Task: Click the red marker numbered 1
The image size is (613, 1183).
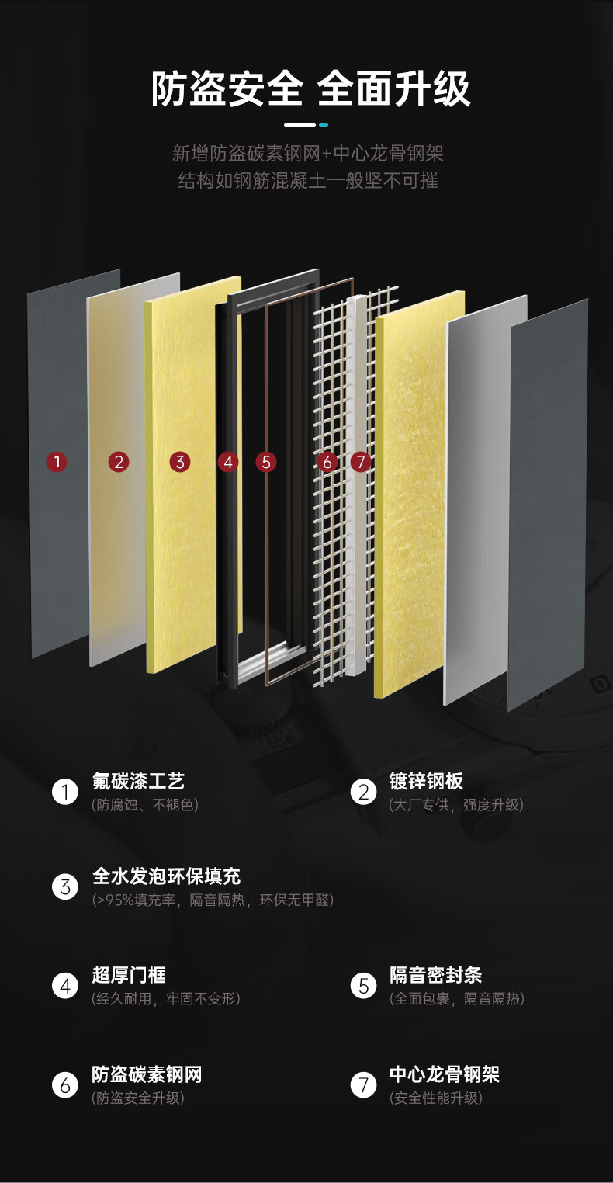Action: click(x=57, y=462)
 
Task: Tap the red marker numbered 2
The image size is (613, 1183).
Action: click(x=118, y=462)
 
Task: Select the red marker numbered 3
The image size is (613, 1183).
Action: click(x=179, y=462)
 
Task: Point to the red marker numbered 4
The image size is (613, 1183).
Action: click(x=228, y=462)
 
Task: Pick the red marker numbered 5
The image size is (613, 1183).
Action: click(x=266, y=462)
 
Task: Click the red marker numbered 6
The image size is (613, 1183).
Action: click(x=327, y=462)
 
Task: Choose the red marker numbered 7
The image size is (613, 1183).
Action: click(x=361, y=462)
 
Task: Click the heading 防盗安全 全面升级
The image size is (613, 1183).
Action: click(x=310, y=88)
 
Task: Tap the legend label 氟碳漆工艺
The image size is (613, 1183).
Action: click(x=138, y=781)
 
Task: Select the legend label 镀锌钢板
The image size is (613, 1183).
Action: click(x=426, y=781)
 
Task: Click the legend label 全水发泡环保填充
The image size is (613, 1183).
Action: click(x=166, y=876)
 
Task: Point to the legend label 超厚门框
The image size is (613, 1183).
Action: click(x=129, y=975)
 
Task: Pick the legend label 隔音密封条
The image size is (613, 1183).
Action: click(x=435, y=975)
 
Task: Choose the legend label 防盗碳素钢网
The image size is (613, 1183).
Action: click(x=147, y=1074)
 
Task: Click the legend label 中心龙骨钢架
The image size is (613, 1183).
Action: click(x=445, y=1074)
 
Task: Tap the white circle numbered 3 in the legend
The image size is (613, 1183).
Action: click(x=65, y=886)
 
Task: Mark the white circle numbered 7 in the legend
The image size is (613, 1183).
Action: click(x=363, y=1085)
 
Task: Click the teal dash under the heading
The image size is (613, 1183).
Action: click(x=323, y=125)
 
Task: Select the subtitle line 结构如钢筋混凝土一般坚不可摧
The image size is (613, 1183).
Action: click(x=308, y=181)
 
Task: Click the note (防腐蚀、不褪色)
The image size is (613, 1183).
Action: click(x=145, y=805)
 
